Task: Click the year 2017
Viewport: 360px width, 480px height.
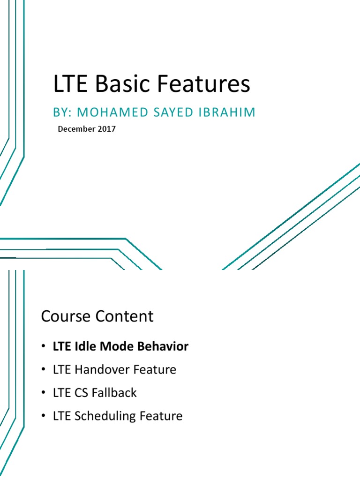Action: (106, 129)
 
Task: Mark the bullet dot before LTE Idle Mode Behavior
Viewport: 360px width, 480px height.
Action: (44, 347)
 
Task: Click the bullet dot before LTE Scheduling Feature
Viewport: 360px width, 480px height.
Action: (44, 416)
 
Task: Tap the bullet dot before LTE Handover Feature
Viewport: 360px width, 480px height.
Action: (44, 370)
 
